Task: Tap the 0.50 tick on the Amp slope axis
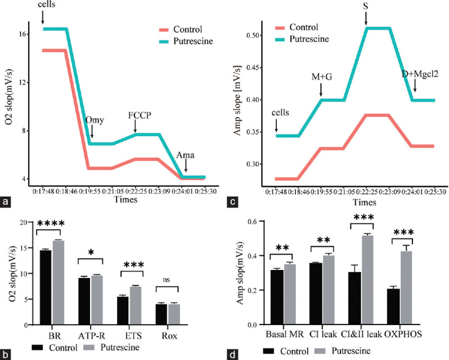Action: pyautogui.click(x=252, y=35)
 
